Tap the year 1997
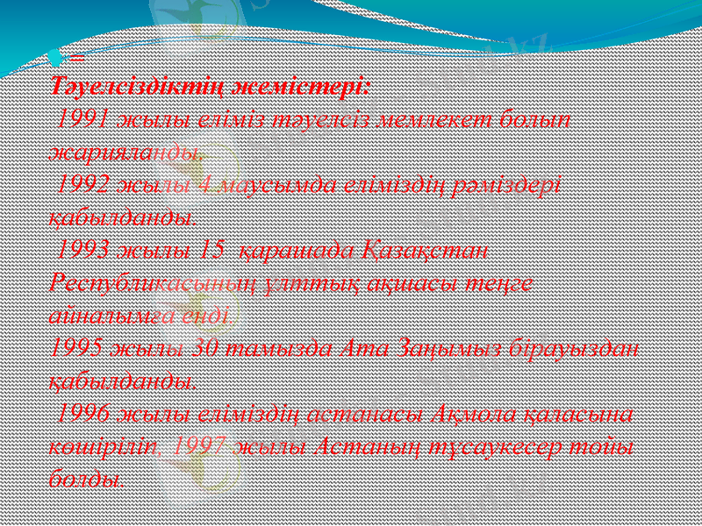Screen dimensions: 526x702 point(202,445)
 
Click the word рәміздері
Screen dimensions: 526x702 point(509,183)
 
